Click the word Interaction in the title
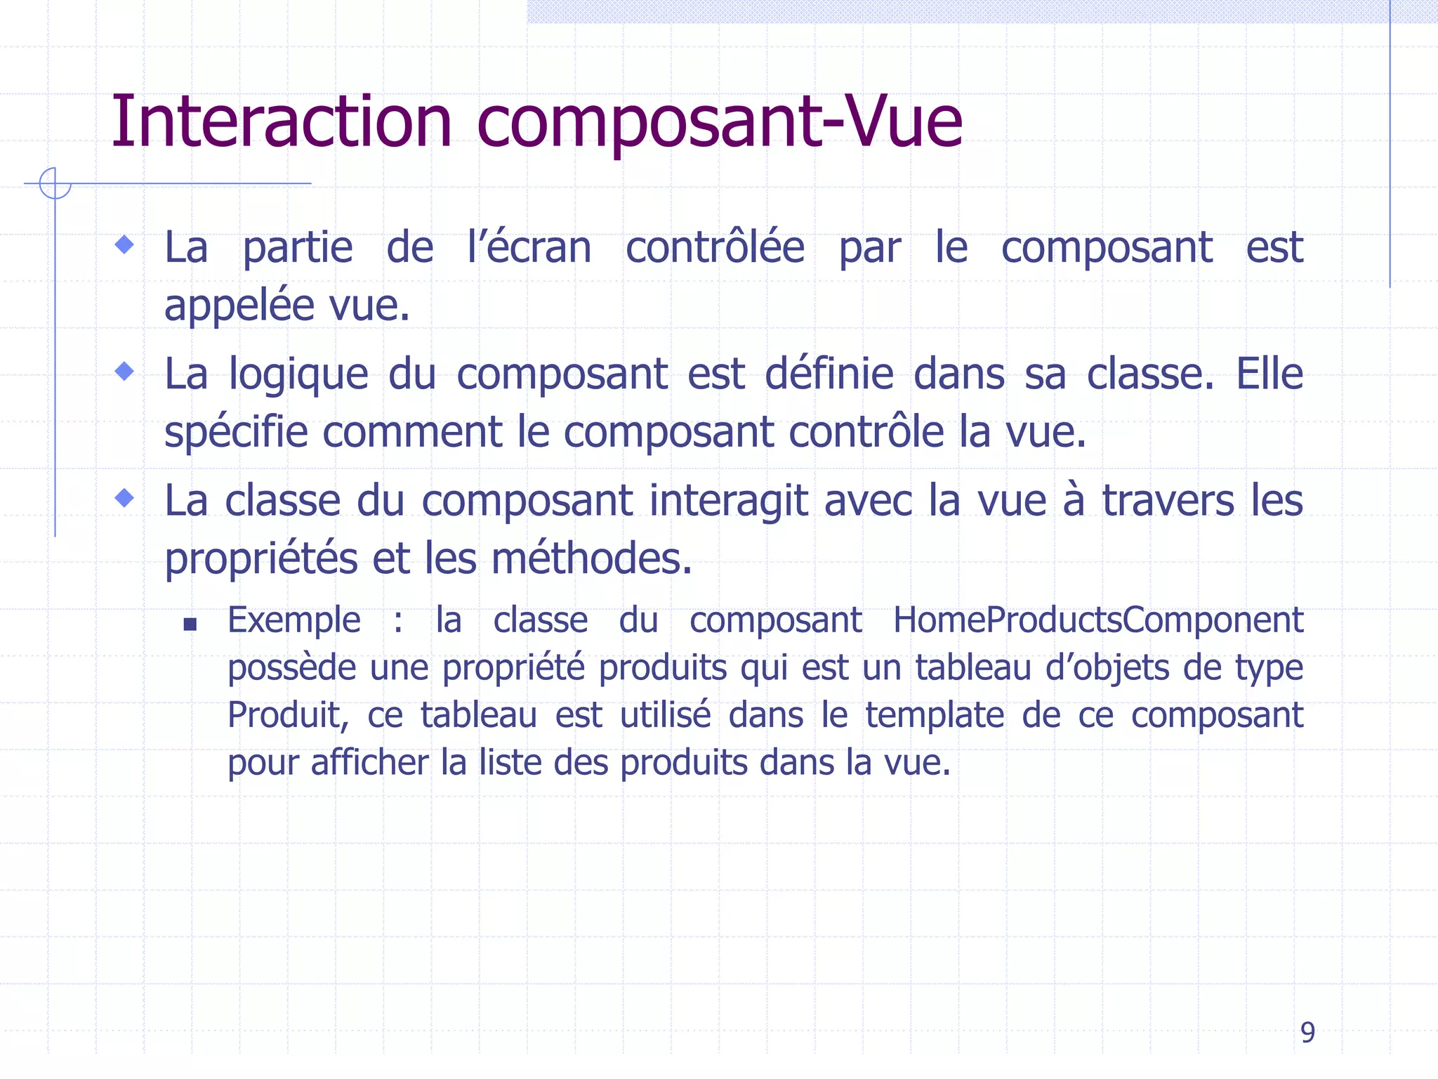[282, 122]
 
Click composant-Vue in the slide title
[719, 124]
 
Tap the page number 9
[1307, 1032]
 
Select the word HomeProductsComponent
[1097, 620]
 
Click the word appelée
[239, 306]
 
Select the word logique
[298, 374]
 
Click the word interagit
[728, 502]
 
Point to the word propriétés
[260, 560]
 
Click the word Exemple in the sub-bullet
[293, 621]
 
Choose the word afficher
[369, 762]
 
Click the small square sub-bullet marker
[190, 624]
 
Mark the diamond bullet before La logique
[125, 371]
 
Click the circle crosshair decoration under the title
[55, 183]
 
